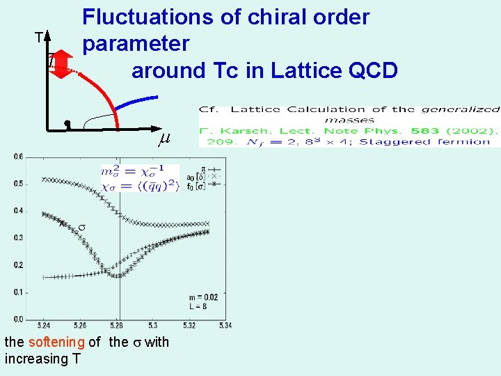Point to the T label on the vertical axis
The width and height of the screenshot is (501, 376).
[x=40, y=38]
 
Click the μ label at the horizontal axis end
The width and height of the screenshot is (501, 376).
[x=164, y=139]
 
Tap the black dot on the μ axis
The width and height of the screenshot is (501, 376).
[x=67, y=124]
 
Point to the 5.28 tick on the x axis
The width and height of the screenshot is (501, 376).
[x=118, y=325]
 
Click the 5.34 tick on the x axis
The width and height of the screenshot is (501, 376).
[x=226, y=325]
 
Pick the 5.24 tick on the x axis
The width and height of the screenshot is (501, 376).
[x=44, y=325]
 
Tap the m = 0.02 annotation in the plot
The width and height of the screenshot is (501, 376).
[x=202, y=297]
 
